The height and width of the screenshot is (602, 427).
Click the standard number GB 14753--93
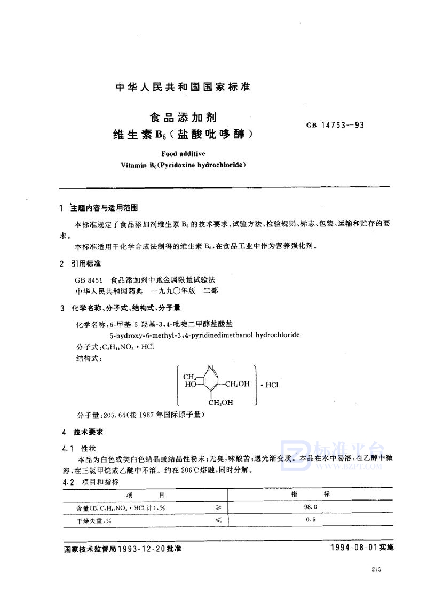335,126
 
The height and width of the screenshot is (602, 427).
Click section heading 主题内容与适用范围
107,208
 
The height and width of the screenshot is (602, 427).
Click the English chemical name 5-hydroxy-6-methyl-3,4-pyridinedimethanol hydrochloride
204,335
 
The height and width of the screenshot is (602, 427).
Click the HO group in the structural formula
189,384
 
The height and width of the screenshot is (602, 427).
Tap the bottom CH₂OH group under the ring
220,402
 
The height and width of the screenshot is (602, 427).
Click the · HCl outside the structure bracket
269,384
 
